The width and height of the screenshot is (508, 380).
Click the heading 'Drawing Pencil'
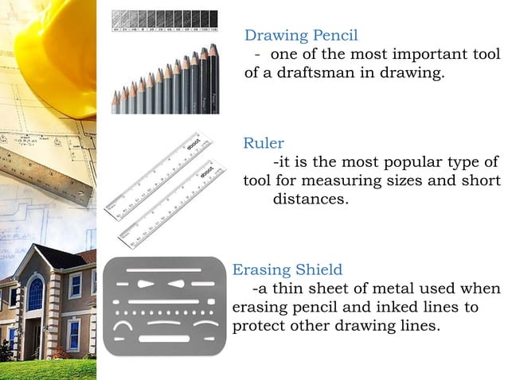[x=301, y=35]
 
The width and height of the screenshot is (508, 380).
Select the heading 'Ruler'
[x=263, y=143]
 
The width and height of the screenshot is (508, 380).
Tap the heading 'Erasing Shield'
[x=287, y=269]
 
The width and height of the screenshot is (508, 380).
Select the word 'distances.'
[x=311, y=199]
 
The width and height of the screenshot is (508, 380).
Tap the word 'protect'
[x=262, y=326]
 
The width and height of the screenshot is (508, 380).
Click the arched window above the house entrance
[x=35, y=293]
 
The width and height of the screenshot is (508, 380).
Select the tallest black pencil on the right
[x=213, y=79]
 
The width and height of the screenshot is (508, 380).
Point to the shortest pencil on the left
[x=116, y=101]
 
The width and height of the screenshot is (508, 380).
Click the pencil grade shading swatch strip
[x=166, y=17]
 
